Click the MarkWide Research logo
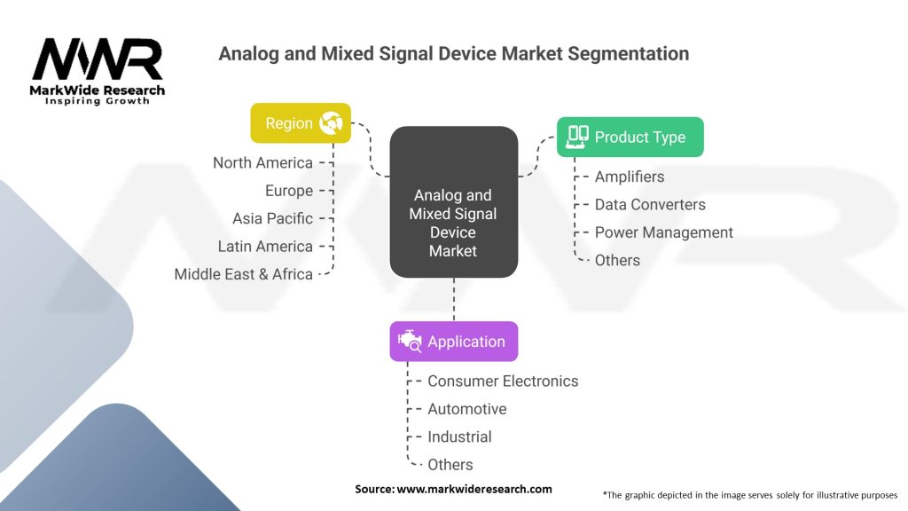(x=98, y=69)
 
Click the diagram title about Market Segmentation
(x=453, y=53)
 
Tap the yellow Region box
(x=301, y=123)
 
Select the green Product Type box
(x=630, y=137)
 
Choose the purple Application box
(x=453, y=342)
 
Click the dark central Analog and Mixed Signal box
(x=453, y=200)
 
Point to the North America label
(x=262, y=162)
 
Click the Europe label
(x=289, y=191)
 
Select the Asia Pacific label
(x=272, y=218)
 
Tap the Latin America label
(x=265, y=246)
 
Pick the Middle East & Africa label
(x=243, y=274)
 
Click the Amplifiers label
(x=630, y=177)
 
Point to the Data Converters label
(x=650, y=204)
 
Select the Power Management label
(x=663, y=232)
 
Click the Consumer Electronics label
(x=503, y=381)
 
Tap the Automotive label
(x=467, y=409)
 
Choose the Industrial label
(x=459, y=436)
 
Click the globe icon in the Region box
(x=331, y=123)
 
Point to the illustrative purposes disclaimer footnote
(x=750, y=494)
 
